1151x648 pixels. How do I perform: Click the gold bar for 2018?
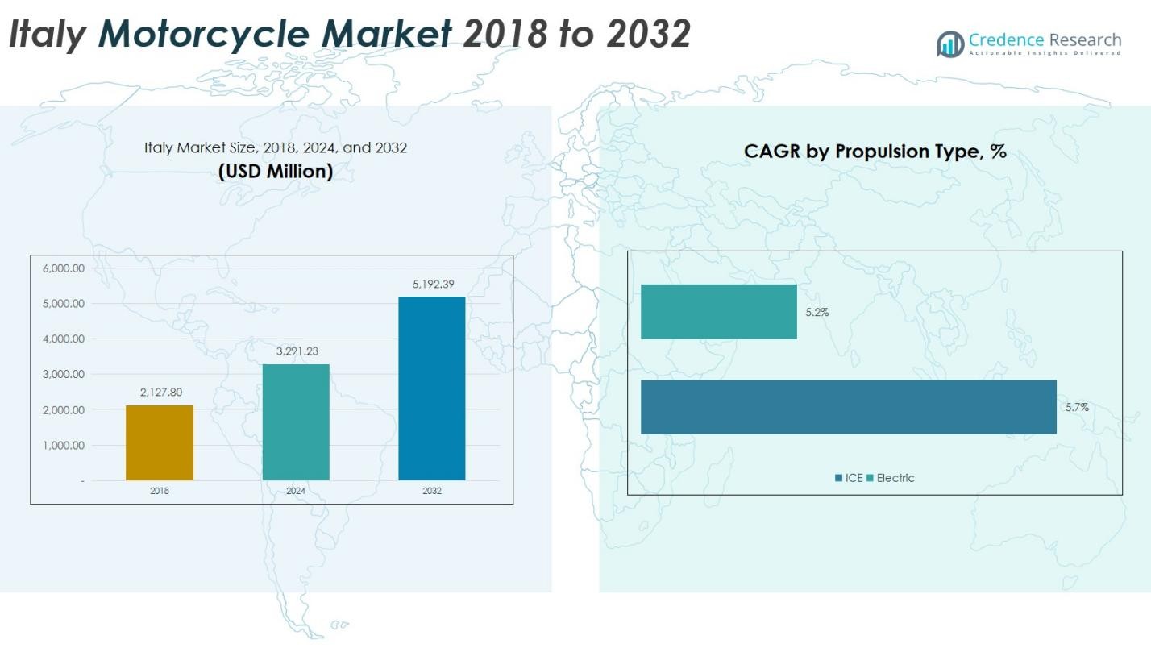pyautogui.click(x=160, y=442)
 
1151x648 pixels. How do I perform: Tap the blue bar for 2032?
pyautogui.click(x=431, y=388)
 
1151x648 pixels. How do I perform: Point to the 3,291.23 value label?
pyautogui.click(x=296, y=352)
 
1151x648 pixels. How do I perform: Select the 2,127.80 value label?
pyautogui.click(x=160, y=393)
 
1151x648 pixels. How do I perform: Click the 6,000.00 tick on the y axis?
pyautogui.click(x=64, y=268)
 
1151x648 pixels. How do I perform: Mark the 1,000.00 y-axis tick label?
pyautogui.click(x=64, y=446)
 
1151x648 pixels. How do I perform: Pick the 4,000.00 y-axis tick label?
pyautogui.click(x=64, y=339)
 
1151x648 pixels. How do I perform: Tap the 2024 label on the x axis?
pyautogui.click(x=296, y=490)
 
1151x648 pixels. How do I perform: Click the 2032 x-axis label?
pyautogui.click(x=431, y=490)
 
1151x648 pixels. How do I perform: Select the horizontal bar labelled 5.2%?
pyautogui.click(x=718, y=312)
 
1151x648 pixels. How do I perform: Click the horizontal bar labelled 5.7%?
pyautogui.click(x=848, y=407)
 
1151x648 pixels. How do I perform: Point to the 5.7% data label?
pyautogui.click(x=1077, y=408)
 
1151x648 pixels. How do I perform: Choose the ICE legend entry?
pyautogui.click(x=850, y=478)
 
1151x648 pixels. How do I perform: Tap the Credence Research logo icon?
pyautogui.click(x=950, y=44)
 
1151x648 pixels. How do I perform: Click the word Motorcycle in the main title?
pyautogui.click(x=274, y=35)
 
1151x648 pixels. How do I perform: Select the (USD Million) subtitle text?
pyautogui.click(x=276, y=172)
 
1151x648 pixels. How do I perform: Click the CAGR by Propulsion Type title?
pyautogui.click(x=875, y=151)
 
